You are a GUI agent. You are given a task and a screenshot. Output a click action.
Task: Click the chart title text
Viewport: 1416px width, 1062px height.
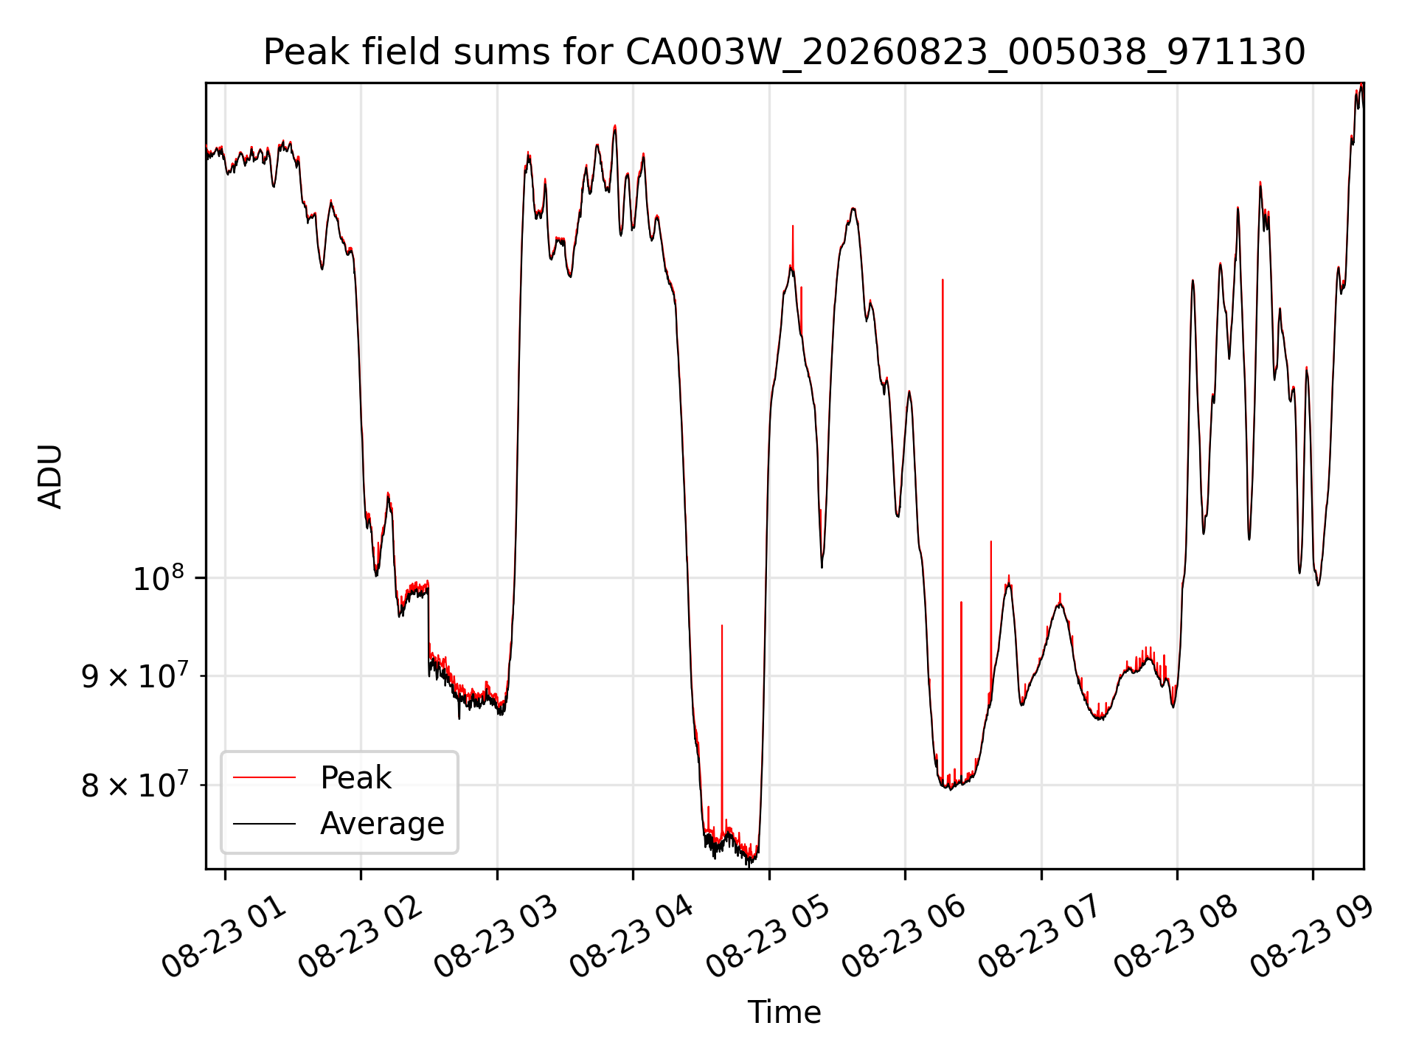[784, 52]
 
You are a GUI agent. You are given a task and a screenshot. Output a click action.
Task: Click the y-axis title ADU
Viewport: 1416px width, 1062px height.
[50, 476]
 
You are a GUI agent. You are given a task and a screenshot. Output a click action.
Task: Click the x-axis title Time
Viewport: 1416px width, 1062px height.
[784, 1012]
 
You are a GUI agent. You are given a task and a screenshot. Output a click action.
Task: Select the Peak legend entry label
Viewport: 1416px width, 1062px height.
[355, 778]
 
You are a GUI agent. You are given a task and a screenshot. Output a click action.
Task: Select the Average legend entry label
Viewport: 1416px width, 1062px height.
[382, 824]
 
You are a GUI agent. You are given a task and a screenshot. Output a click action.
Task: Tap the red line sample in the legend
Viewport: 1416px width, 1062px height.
[264, 777]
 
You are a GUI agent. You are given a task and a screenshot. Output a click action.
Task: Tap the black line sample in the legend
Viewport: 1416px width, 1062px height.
[264, 823]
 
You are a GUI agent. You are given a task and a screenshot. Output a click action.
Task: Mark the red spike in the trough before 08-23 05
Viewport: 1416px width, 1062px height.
[722, 730]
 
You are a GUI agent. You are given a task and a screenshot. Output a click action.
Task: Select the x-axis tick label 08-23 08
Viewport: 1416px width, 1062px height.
[1176, 938]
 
